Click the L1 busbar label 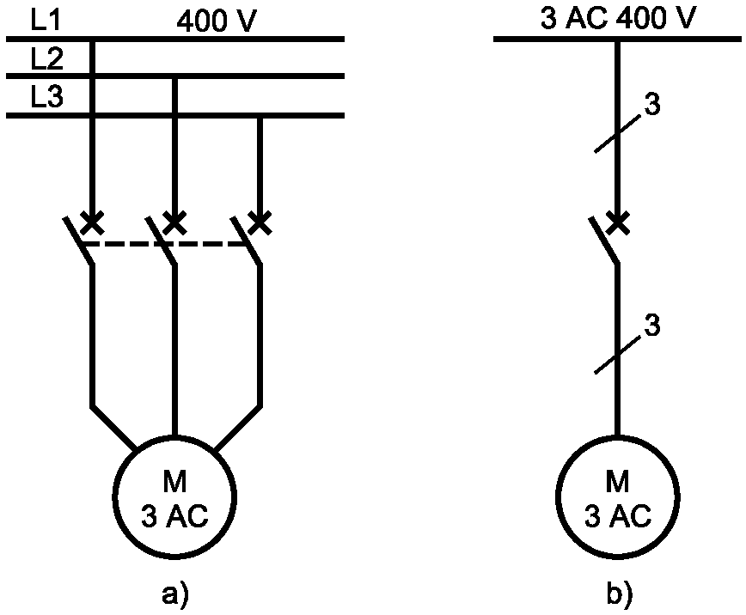46,20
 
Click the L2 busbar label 46,59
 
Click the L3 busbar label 46,96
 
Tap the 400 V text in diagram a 217,21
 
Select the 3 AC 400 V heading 618,19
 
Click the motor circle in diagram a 174,436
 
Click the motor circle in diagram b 618,436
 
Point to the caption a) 175,595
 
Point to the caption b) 619,594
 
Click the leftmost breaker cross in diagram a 92,222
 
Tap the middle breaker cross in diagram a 174,222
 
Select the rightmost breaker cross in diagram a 260,222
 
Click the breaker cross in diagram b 618,222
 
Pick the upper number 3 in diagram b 652,104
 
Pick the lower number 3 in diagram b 652,326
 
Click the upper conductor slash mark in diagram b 619,134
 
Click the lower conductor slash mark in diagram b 619,356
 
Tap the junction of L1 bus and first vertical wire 92,39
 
